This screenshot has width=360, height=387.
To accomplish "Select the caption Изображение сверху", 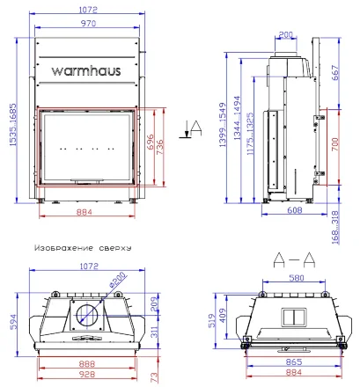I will [x=80, y=248].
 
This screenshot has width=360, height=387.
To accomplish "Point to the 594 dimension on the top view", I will [x=12, y=322].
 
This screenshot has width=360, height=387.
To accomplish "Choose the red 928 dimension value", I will [x=84, y=374].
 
